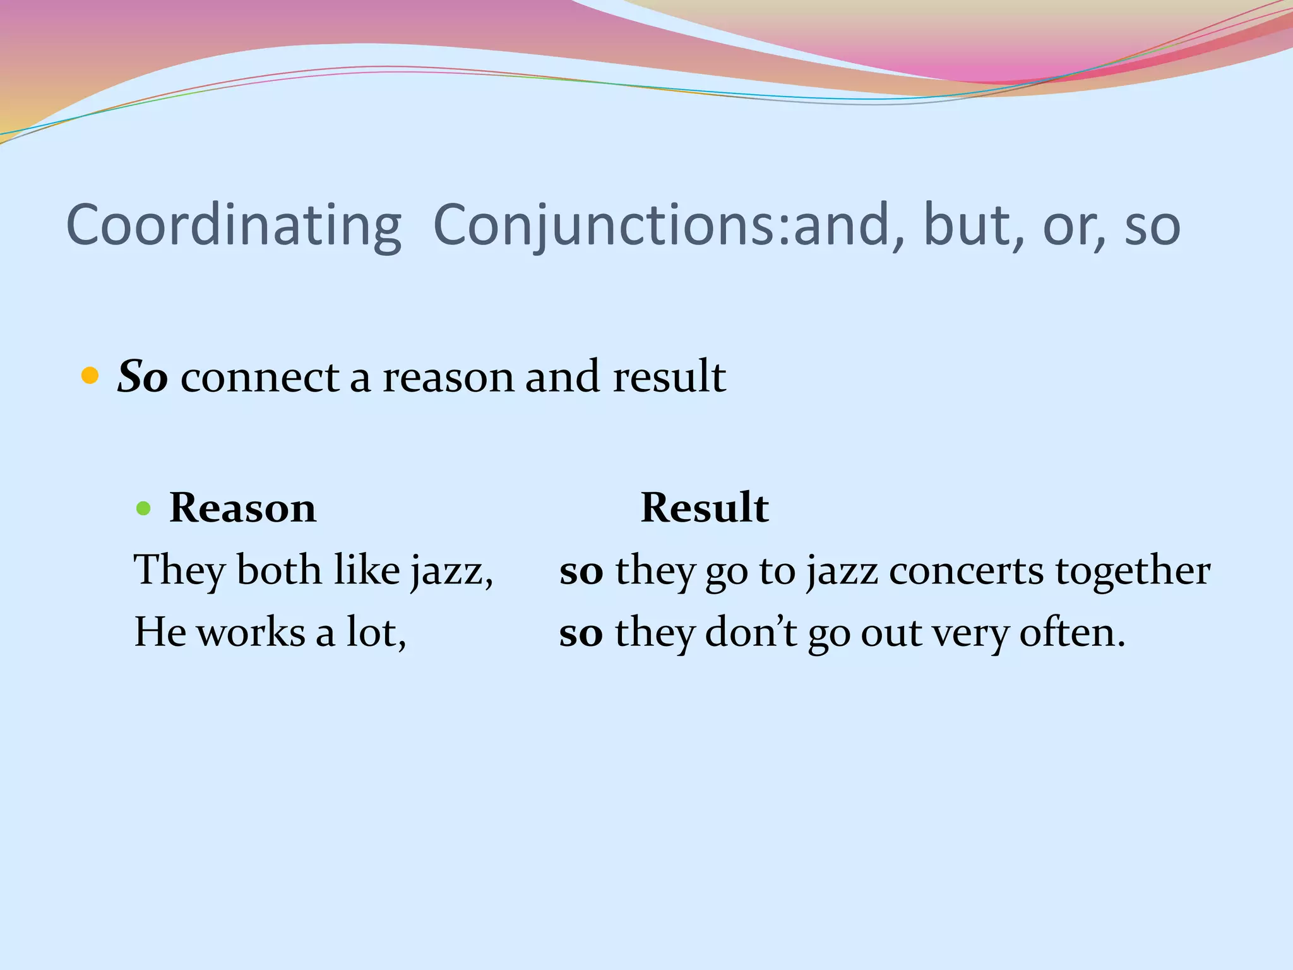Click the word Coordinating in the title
tap(234, 226)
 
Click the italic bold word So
tap(143, 377)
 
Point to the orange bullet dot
tap(90, 376)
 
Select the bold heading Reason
tap(242, 508)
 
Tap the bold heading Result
tap(705, 508)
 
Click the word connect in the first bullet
tap(260, 377)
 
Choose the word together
tap(1133, 570)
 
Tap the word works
tap(251, 632)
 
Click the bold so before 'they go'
tap(581, 571)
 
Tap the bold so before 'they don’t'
tap(581, 633)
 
